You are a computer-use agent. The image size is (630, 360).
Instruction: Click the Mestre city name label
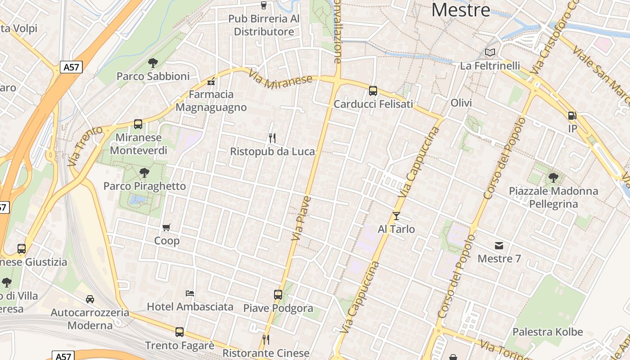pyautogui.click(x=461, y=10)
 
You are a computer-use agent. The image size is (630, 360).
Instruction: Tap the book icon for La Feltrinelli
pyautogui.click(x=490, y=53)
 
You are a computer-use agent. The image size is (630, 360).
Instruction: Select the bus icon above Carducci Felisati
pyautogui.click(x=373, y=91)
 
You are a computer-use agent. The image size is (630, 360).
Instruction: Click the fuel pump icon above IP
pyautogui.click(x=572, y=116)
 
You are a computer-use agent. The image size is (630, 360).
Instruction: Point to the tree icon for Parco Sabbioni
pyautogui.click(x=153, y=63)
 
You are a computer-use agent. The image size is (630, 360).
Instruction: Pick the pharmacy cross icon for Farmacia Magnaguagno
pyautogui.click(x=211, y=81)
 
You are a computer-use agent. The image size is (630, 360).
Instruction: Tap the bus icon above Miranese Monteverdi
pyautogui.click(x=138, y=124)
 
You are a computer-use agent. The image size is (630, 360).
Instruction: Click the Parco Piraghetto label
pyautogui.click(x=144, y=186)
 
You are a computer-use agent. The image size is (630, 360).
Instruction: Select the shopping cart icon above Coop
pyautogui.click(x=166, y=227)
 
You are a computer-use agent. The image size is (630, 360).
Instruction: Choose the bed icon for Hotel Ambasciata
pyautogui.click(x=190, y=293)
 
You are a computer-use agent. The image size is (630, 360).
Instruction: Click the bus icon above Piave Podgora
pyautogui.click(x=278, y=295)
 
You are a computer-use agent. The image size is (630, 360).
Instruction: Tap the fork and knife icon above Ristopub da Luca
pyautogui.click(x=272, y=138)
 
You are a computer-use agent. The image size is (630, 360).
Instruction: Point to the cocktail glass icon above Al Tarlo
pyautogui.click(x=396, y=216)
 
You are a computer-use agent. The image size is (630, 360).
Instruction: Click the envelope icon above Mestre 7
pyautogui.click(x=499, y=245)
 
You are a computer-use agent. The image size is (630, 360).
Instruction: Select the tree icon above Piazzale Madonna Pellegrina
pyautogui.click(x=553, y=177)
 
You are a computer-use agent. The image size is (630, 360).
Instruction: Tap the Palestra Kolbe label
pyautogui.click(x=548, y=332)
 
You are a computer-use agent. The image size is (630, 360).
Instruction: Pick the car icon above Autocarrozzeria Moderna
pyautogui.click(x=90, y=299)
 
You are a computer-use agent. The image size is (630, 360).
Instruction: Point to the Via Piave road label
pyautogui.click(x=301, y=218)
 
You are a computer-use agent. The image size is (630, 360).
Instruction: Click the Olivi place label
pyautogui.click(x=461, y=103)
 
